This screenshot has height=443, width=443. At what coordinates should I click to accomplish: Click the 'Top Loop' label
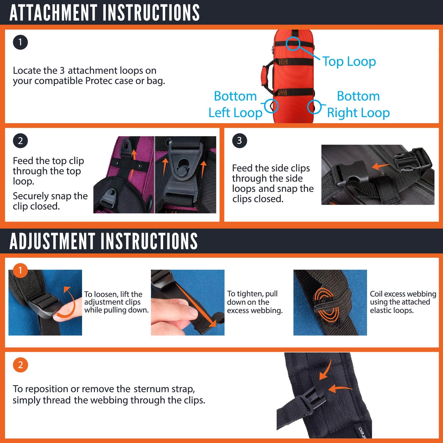click(349, 62)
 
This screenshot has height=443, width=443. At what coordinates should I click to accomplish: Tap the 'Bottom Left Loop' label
click(235, 104)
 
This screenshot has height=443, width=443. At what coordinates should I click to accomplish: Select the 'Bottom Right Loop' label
click(358, 104)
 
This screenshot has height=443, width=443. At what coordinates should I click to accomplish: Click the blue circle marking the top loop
click(293, 43)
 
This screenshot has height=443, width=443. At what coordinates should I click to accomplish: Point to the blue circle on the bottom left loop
click(272, 106)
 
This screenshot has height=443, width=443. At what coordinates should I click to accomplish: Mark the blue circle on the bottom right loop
click(314, 107)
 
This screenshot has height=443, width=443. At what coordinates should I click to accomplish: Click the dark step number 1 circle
click(20, 42)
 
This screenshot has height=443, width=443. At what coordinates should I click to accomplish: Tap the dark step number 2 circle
click(20, 141)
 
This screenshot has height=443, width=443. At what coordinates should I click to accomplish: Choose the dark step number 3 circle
click(239, 141)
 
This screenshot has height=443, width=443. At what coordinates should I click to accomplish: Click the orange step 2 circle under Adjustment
click(20, 365)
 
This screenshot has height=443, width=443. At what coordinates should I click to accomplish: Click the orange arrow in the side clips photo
click(381, 166)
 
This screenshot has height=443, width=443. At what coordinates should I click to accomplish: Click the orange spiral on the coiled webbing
click(327, 304)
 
